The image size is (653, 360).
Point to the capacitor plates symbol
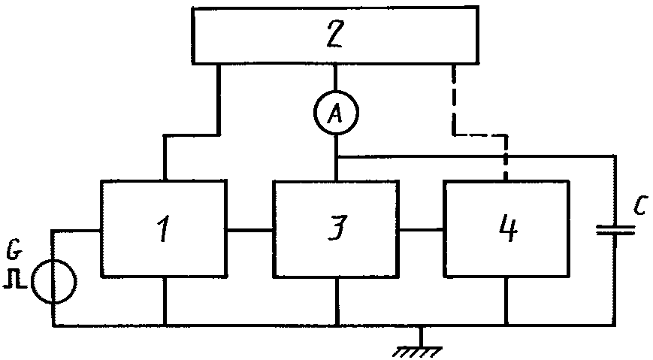click(615, 230)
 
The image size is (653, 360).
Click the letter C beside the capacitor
click(640, 205)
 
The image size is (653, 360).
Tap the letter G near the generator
click(14, 250)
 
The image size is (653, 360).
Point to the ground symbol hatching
click(417, 352)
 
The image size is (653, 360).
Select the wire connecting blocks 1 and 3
click(250, 229)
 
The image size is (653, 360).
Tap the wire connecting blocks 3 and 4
click(421, 229)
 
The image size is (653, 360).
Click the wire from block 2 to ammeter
click(336, 77)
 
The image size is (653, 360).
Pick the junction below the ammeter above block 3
click(337, 157)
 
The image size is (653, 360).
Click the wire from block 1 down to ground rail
click(165, 301)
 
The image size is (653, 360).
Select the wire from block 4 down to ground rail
click(506, 301)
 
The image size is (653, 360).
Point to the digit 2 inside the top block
click(335, 34)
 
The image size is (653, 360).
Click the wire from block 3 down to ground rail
click(337, 301)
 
